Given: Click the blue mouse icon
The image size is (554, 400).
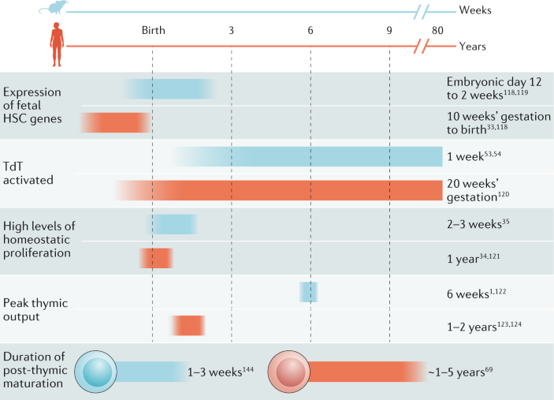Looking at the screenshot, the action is [53, 7].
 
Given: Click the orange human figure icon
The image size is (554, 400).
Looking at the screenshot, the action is [57, 44].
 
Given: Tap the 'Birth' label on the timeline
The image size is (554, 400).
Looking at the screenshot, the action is [154, 31].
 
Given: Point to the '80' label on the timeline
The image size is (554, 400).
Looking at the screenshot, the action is [437, 31].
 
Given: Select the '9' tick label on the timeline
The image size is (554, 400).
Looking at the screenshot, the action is [389, 31].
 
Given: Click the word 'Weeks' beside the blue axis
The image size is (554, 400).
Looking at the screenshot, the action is [475, 10].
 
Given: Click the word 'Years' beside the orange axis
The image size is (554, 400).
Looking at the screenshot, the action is [472, 47].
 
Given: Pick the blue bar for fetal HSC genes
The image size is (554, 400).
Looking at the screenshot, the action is [169, 89].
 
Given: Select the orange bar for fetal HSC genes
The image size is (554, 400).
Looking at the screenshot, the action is [116, 123].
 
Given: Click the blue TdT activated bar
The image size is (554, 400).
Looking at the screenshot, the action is [307, 156].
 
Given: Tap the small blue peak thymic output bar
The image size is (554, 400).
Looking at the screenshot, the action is [308, 292].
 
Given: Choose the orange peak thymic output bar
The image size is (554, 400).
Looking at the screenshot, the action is [188, 325].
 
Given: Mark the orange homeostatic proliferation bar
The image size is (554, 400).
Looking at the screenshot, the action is [156, 258].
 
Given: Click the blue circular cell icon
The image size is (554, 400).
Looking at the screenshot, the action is [96, 372].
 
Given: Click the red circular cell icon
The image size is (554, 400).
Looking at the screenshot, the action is [289, 372].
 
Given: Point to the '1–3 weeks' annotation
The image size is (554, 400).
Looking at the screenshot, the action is [221, 372].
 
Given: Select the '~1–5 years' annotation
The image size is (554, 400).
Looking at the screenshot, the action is [460, 372].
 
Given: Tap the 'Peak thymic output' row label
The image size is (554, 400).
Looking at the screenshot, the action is [35, 309].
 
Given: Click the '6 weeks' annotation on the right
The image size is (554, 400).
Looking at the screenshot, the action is [476, 293].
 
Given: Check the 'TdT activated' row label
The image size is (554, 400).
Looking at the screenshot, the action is [28, 173].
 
